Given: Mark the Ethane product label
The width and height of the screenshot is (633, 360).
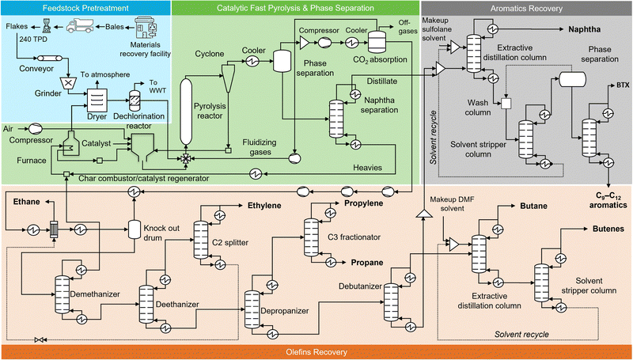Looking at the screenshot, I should [x=28, y=203].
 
